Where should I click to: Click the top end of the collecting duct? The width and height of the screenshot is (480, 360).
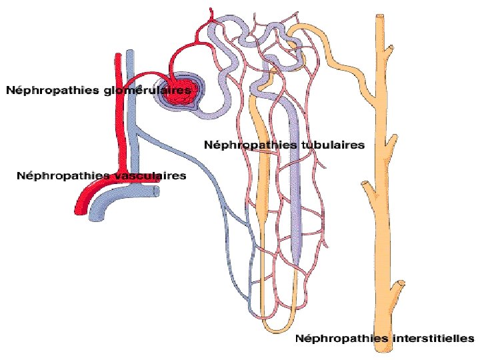[x=381, y=16]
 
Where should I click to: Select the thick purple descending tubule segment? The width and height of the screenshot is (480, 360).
[x=297, y=180]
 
